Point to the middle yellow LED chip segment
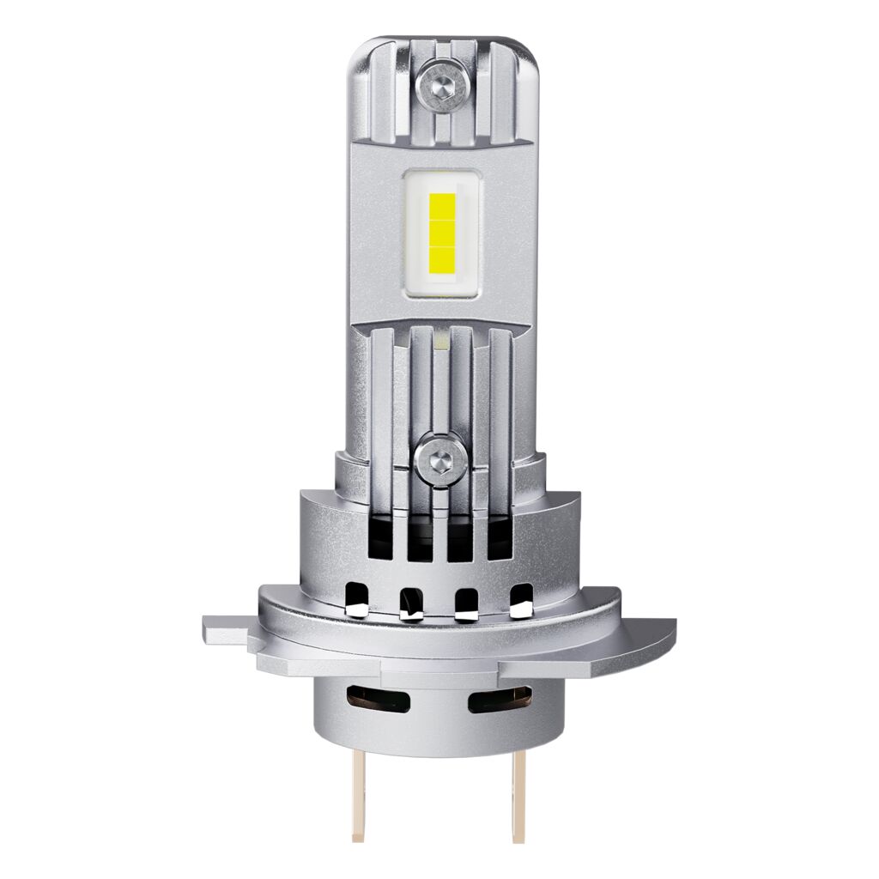440,232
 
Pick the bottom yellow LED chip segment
440,256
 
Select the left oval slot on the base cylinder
377,700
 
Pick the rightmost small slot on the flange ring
521,602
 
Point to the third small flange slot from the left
468,603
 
